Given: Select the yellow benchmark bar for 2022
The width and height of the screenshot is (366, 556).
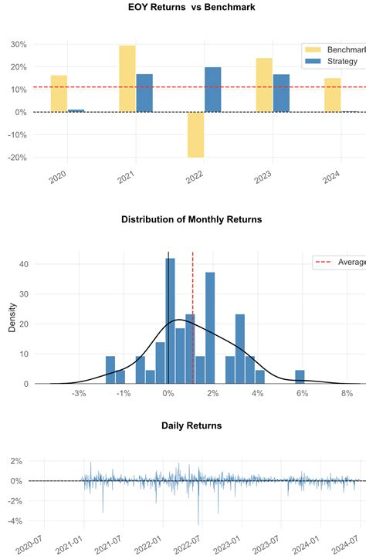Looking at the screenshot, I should point(195,134).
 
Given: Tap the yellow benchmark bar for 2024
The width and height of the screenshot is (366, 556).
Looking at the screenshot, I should point(332,95).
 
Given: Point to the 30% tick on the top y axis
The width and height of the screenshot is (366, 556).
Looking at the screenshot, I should point(18,45).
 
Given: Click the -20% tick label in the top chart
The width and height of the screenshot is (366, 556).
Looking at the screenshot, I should point(15,158).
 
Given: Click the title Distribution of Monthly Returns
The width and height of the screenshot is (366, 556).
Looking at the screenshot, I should point(191,219).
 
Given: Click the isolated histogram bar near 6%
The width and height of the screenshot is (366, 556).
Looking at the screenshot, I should point(300,377).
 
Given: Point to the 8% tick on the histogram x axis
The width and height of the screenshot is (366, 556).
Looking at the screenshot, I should point(347,394).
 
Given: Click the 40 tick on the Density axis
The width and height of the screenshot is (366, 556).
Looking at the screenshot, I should point(23,264).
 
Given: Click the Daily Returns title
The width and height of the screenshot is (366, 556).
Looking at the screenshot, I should point(191,425).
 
